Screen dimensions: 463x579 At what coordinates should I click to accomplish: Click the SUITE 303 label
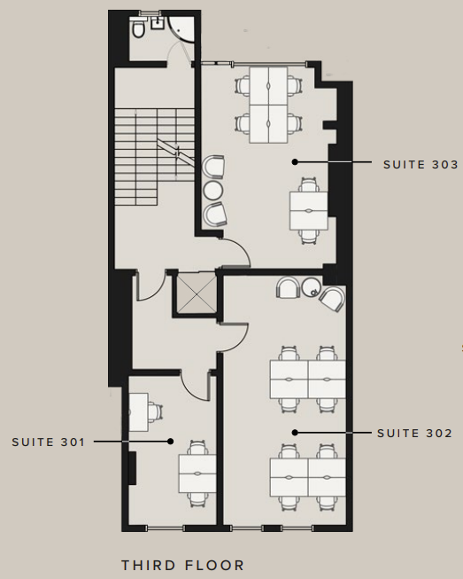pos(421,164)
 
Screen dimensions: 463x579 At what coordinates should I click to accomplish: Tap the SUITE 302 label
pos(414,434)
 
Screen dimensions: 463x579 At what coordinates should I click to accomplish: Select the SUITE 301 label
pos(49,442)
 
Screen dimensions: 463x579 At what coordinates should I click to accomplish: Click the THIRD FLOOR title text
pos(183,565)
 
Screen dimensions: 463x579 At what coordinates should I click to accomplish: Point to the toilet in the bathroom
pos(139,28)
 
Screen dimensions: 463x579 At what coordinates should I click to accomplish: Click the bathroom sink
pos(158,23)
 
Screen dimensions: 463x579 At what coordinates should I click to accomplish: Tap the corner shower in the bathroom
pos(181,28)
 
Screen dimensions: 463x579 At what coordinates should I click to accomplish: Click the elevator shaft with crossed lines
pos(197,293)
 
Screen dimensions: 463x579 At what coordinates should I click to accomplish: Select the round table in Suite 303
pos(213,190)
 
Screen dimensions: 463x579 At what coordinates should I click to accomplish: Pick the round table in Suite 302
pos(312,287)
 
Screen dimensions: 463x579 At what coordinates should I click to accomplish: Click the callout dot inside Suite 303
pos(295,161)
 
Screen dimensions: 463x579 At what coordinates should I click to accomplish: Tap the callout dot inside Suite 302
pos(295,433)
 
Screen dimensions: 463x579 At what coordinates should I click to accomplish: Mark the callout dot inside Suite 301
pos(170,442)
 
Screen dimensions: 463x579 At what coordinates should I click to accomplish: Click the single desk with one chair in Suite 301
pos(144,412)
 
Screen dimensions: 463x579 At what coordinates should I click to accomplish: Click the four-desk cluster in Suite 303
pos(268,105)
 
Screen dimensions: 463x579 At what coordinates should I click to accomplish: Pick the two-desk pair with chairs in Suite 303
pos(309,210)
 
